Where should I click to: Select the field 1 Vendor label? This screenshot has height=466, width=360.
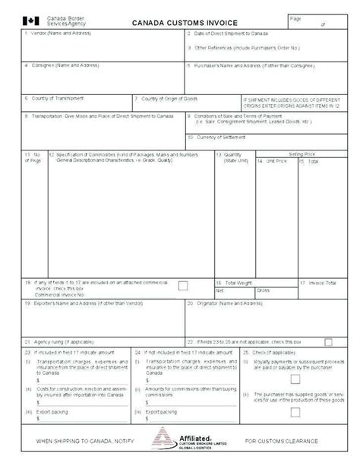click(x=55, y=34)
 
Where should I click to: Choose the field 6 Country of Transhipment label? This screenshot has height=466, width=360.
click(x=57, y=98)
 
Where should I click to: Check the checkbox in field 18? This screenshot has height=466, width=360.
click(x=183, y=285)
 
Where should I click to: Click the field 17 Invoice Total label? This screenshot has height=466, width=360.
click(x=317, y=282)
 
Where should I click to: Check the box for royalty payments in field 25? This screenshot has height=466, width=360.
click(x=295, y=357)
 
